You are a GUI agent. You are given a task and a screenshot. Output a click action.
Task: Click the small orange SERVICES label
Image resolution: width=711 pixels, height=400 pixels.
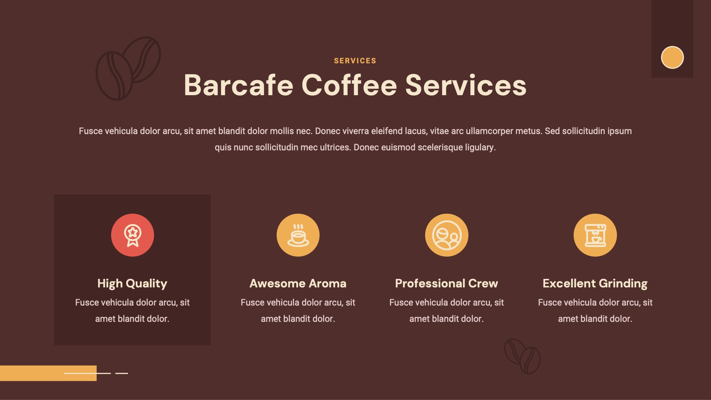coord(355,61)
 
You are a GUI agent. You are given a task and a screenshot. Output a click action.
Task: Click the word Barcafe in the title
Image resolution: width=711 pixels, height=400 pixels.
coord(238,85)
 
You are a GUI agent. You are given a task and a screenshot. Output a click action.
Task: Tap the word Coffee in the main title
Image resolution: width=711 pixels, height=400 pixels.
coord(349,85)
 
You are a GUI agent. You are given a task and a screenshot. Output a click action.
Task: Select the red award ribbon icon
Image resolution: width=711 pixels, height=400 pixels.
coord(133,235)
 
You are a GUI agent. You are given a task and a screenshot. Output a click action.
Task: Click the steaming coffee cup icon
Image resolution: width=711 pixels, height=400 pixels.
coord(298,235)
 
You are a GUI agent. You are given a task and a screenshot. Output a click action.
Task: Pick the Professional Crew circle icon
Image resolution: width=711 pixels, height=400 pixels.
coord(447,235)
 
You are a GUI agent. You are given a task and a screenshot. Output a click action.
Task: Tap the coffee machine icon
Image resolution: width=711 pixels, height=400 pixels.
coord(595,235)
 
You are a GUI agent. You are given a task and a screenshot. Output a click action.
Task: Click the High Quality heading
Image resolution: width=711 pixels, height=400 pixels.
coord(132,283)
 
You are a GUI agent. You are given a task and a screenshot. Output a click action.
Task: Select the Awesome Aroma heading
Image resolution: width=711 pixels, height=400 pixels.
coord(298,283)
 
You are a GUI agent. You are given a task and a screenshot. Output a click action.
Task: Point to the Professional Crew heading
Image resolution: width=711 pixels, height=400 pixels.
coord(447,283)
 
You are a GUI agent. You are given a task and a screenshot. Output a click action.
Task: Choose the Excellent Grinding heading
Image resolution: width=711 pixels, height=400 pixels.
coord(595,283)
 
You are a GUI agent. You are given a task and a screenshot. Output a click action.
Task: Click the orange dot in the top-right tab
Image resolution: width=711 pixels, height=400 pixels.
coord(672,57)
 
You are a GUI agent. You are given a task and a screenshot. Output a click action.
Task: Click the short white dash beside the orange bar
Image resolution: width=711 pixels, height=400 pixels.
coord(121,373)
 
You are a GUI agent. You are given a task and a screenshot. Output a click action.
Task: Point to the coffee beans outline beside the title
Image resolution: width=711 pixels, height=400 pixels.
coord(128,69)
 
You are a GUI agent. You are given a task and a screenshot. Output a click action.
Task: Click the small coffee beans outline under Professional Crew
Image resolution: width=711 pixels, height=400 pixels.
coord(522,356)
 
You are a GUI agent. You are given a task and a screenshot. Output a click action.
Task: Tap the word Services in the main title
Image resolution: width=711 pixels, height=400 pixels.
coord(466,85)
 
